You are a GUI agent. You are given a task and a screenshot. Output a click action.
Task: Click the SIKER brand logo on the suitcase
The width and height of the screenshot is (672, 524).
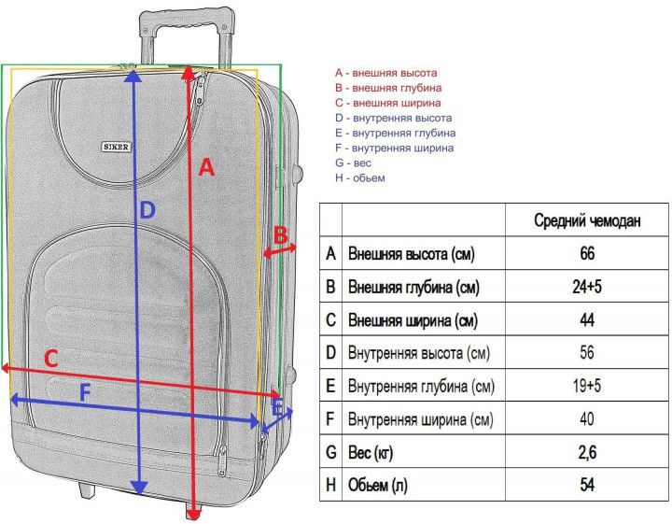click(116, 147)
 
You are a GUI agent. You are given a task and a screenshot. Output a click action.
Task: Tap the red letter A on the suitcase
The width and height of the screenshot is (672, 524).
click(206, 167)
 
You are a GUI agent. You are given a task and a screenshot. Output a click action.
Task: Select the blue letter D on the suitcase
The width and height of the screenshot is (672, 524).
click(147, 210)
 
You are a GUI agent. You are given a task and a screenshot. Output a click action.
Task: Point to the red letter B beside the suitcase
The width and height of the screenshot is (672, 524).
click(280, 235)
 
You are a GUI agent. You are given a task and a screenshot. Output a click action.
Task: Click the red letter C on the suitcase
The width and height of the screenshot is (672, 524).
click(51, 359)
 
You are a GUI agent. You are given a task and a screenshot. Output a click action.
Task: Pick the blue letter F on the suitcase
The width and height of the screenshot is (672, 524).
click(86, 392)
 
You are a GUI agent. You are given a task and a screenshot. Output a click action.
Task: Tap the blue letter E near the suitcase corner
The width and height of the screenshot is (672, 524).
click(277, 408)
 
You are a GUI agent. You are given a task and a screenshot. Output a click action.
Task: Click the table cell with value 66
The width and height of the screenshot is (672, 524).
click(587, 253)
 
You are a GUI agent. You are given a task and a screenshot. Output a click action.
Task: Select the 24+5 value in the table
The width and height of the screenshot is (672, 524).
click(587, 287)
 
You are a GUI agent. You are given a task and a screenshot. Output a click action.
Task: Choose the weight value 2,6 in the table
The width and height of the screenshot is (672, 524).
click(587, 452)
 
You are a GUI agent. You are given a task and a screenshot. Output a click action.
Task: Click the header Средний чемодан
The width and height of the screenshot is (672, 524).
click(587, 220)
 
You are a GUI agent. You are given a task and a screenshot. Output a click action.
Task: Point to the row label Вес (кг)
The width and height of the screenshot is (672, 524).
click(371, 452)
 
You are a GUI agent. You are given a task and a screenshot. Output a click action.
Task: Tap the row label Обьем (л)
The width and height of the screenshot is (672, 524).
click(378, 485)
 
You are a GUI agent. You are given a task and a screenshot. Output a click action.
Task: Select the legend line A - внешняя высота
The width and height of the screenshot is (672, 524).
click(386, 73)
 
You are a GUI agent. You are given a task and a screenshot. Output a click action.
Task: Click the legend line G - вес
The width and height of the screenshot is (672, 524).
click(353, 163)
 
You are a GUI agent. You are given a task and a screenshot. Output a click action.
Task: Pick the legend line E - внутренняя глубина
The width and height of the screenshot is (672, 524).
click(395, 133)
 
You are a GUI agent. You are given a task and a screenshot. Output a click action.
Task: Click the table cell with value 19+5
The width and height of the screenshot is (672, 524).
click(587, 386)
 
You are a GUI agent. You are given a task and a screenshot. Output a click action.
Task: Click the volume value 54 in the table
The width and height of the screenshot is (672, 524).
click(587, 485)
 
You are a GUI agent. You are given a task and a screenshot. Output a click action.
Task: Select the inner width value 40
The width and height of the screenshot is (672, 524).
click(587, 418)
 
